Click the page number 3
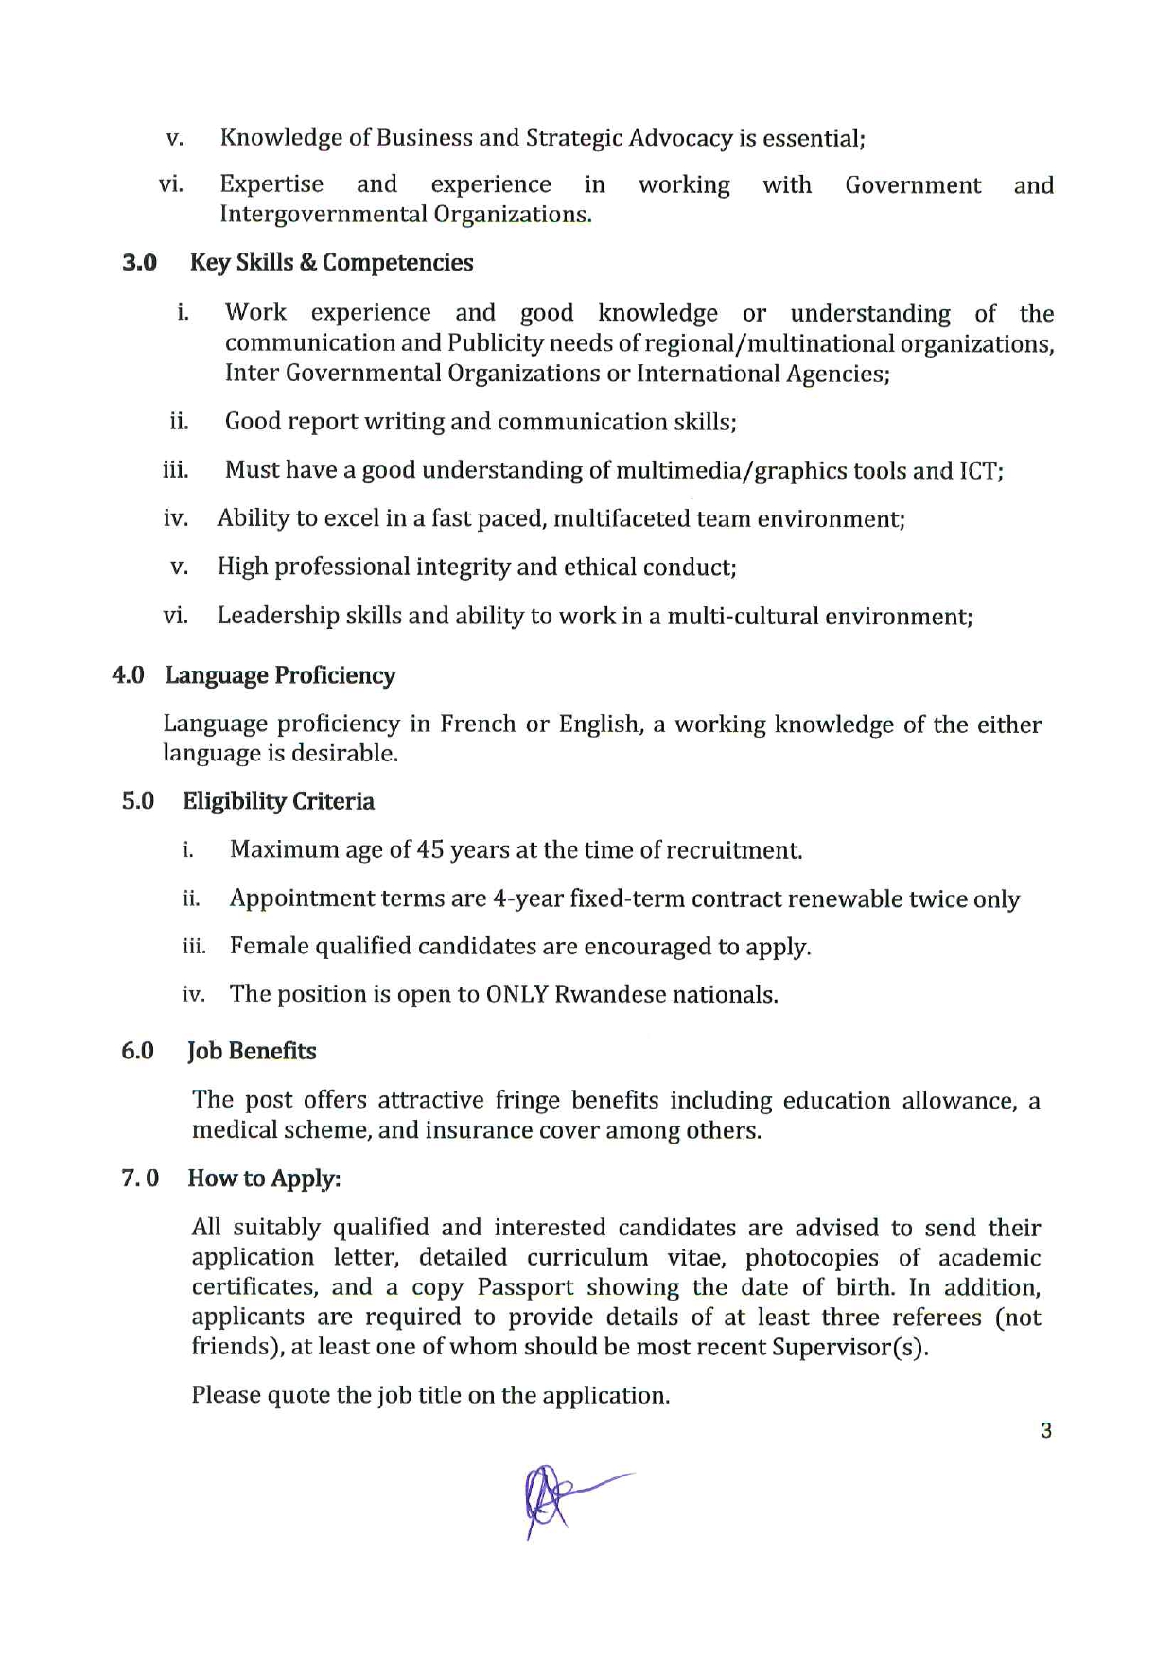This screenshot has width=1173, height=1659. coord(1045,1431)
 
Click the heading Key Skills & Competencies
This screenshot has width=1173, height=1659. coord(331,263)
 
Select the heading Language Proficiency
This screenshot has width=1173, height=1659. coord(280,675)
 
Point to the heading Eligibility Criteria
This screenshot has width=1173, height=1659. coord(278,802)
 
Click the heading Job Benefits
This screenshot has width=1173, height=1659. coord(252,1052)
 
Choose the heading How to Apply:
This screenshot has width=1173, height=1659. coord(264,1179)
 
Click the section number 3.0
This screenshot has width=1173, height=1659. coord(139,263)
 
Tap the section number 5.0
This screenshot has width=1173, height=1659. coord(138,802)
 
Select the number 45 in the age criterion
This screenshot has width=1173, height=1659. coord(429,849)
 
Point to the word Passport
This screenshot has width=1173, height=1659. coord(525,1287)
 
